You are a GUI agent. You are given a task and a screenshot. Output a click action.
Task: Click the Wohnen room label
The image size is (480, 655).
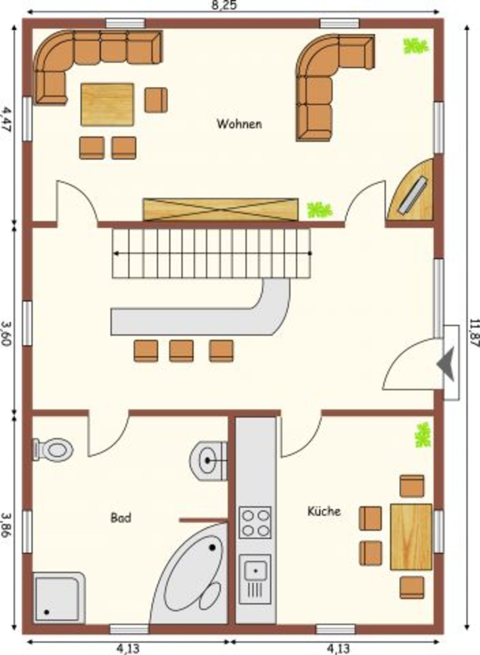pyautogui.click(x=239, y=124)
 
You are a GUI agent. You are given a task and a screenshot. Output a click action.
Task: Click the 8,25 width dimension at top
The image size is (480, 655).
pyautogui.click(x=224, y=5)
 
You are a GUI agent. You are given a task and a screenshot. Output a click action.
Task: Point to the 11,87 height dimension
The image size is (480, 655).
pyautogui.click(x=474, y=337)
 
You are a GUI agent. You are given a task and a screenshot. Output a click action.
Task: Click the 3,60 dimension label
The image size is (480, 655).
pyautogui.click(x=6, y=333)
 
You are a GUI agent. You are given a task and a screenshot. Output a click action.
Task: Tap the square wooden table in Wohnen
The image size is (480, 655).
pyautogui.click(x=108, y=104)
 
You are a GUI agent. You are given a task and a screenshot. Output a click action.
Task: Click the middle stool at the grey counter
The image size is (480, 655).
pyautogui.click(x=181, y=351)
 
